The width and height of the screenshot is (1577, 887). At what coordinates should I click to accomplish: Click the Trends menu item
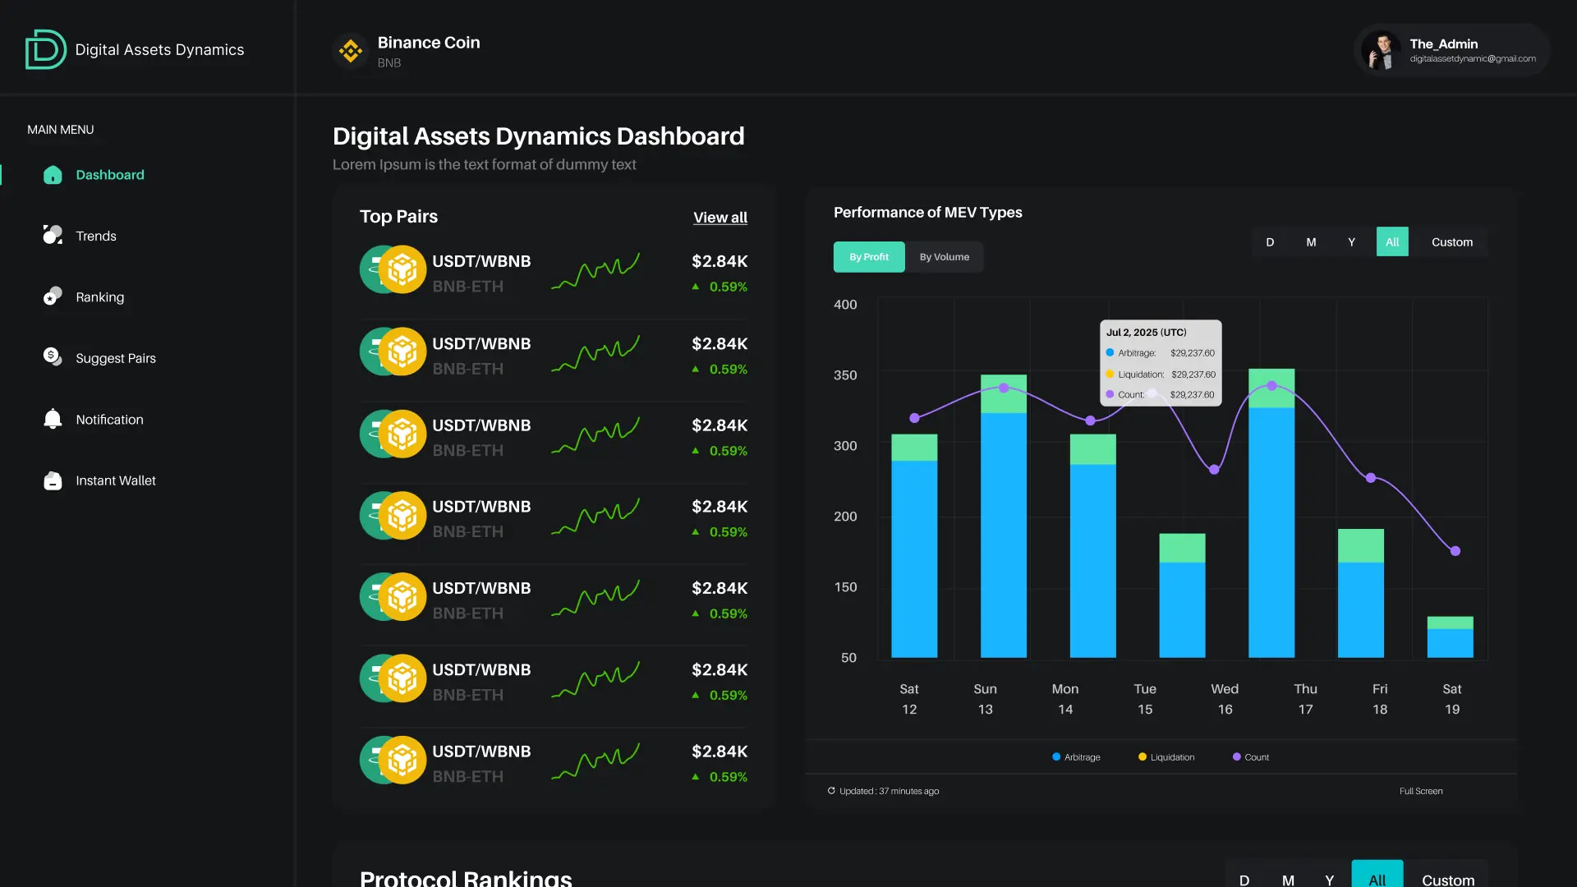coord(95,236)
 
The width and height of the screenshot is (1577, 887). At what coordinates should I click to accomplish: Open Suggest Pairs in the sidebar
coord(115,358)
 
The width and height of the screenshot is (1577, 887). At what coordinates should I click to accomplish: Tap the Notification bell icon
coord(53,419)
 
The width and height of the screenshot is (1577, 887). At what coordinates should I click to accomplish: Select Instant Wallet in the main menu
coord(115,480)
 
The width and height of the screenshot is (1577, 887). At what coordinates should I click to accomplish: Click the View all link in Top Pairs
coord(720,218)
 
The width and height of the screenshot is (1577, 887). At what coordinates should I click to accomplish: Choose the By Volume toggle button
coord(944,257)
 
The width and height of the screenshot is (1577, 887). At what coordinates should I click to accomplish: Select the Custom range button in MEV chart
coord(1451,242)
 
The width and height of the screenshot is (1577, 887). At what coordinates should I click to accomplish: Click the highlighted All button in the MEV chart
coord(1391,242)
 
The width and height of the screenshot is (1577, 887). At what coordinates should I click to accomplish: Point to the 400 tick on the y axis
coord(845,305)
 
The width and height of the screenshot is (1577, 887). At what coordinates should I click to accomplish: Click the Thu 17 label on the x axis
coord(1305,699)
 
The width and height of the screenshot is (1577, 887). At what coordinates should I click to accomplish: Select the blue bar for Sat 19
coord(1450,643)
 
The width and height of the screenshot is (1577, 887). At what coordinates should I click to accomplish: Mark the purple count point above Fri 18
coord(1370,478)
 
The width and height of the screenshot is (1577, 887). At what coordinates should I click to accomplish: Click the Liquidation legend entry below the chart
coord(1166,757)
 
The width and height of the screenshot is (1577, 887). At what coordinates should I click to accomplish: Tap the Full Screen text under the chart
coord(1421,791)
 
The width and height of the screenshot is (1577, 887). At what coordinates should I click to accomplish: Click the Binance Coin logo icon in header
coord(351,51)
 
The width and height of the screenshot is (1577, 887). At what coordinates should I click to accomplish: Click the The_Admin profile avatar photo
coord(1382,51)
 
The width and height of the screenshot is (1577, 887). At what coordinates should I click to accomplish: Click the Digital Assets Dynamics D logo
coord(45,49)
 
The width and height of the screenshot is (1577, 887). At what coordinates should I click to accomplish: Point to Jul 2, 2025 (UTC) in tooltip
coord(1146,333)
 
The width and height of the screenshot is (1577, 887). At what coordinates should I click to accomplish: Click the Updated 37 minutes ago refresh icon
coord(831,791)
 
